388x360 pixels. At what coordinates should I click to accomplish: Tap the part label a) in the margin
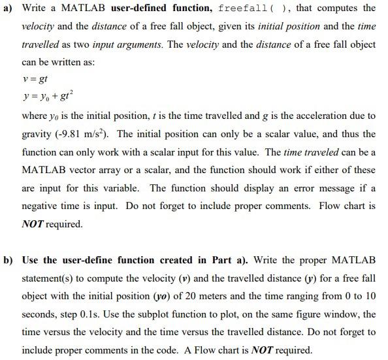coord(8,8)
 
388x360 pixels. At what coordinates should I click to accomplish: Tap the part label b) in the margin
coord(8,259)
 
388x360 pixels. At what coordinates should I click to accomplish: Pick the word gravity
coord(37,134)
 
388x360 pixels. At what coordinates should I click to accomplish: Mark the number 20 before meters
coord(204,295)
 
